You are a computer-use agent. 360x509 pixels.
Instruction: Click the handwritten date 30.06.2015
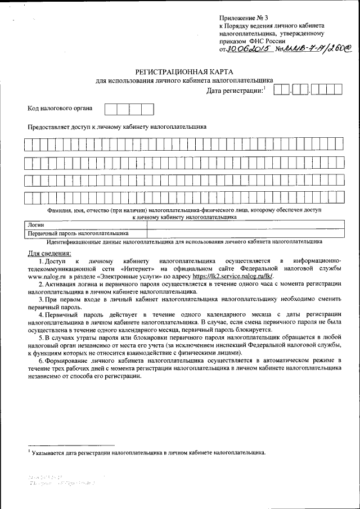[247, 49]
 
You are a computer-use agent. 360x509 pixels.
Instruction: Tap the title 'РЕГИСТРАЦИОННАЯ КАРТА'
[183, 71]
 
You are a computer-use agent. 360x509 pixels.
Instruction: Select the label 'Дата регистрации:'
[235, 91]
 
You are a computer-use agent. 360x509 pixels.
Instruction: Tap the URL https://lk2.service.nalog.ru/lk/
[232, 277]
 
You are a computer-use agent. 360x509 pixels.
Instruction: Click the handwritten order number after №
[319, 49]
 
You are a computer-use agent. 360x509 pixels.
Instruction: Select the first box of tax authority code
[111, 109]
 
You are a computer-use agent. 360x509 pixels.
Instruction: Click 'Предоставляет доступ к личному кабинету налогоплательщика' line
[117, 127]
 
